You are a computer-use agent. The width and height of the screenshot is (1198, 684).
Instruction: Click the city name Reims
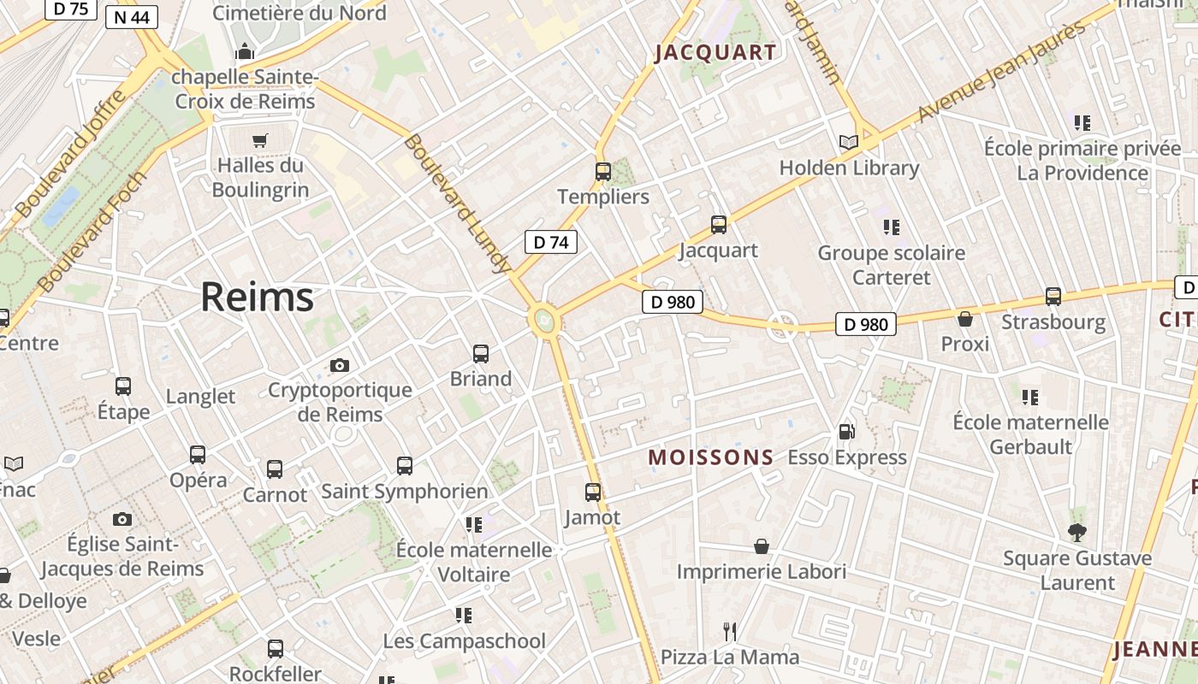257,297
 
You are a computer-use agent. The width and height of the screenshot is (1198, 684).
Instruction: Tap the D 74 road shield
550,242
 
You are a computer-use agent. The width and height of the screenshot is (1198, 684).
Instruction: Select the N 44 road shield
133,16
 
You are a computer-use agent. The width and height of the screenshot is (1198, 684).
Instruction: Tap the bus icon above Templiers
603,171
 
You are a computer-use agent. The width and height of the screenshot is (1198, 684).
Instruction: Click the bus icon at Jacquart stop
718,225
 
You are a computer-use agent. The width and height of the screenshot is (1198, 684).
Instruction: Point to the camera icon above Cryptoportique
340,365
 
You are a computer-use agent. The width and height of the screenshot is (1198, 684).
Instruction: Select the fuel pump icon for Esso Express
846,433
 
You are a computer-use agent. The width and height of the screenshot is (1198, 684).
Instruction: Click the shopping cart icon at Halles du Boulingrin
260,140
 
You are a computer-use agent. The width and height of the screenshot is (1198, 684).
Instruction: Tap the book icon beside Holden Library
848,142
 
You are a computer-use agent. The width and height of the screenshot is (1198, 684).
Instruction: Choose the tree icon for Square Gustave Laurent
1077,533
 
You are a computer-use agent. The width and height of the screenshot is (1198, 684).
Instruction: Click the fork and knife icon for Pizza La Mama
730,632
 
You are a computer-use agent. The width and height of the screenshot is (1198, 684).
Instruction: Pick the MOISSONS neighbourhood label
711,457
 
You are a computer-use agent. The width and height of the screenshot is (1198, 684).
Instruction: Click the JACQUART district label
715,52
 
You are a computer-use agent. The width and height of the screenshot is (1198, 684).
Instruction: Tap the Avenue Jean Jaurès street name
1001,72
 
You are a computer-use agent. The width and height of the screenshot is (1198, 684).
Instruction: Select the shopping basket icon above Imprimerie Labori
761,546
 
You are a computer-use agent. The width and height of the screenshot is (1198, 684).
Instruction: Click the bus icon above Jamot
592,492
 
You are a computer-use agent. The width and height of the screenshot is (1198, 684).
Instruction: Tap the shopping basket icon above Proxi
964,319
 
